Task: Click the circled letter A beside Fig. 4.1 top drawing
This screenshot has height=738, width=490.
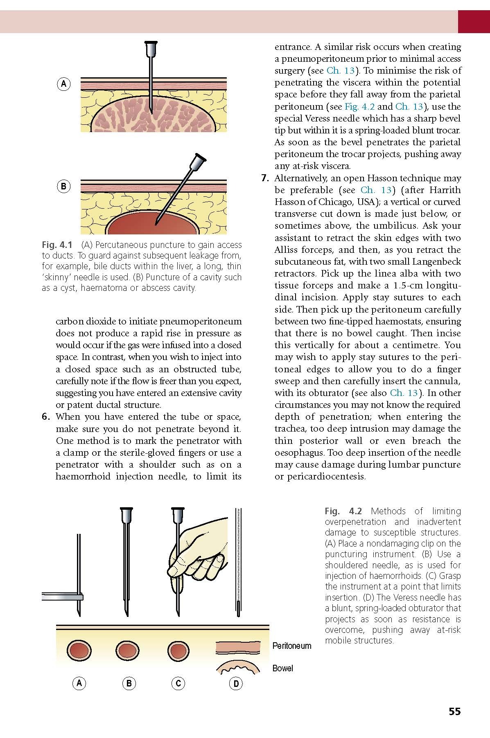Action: [x=63, y=84]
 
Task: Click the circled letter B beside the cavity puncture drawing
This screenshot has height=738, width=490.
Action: [x=63, y=187]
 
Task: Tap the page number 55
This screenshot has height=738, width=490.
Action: [x=454, y=711]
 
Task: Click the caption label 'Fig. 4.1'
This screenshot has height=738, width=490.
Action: [x=57, y=245]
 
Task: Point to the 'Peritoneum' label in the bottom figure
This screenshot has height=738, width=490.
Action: [x=292, y=646]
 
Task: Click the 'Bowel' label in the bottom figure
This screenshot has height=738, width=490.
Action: [x=283, y=668]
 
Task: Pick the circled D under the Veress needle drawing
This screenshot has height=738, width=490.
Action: [x=236, y=683]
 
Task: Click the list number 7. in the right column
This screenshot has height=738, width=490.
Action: [x=265, y=178]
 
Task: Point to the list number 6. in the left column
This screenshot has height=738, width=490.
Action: [x=46, y=417]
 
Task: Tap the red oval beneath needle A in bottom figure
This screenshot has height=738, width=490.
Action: [x=80, y=650]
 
